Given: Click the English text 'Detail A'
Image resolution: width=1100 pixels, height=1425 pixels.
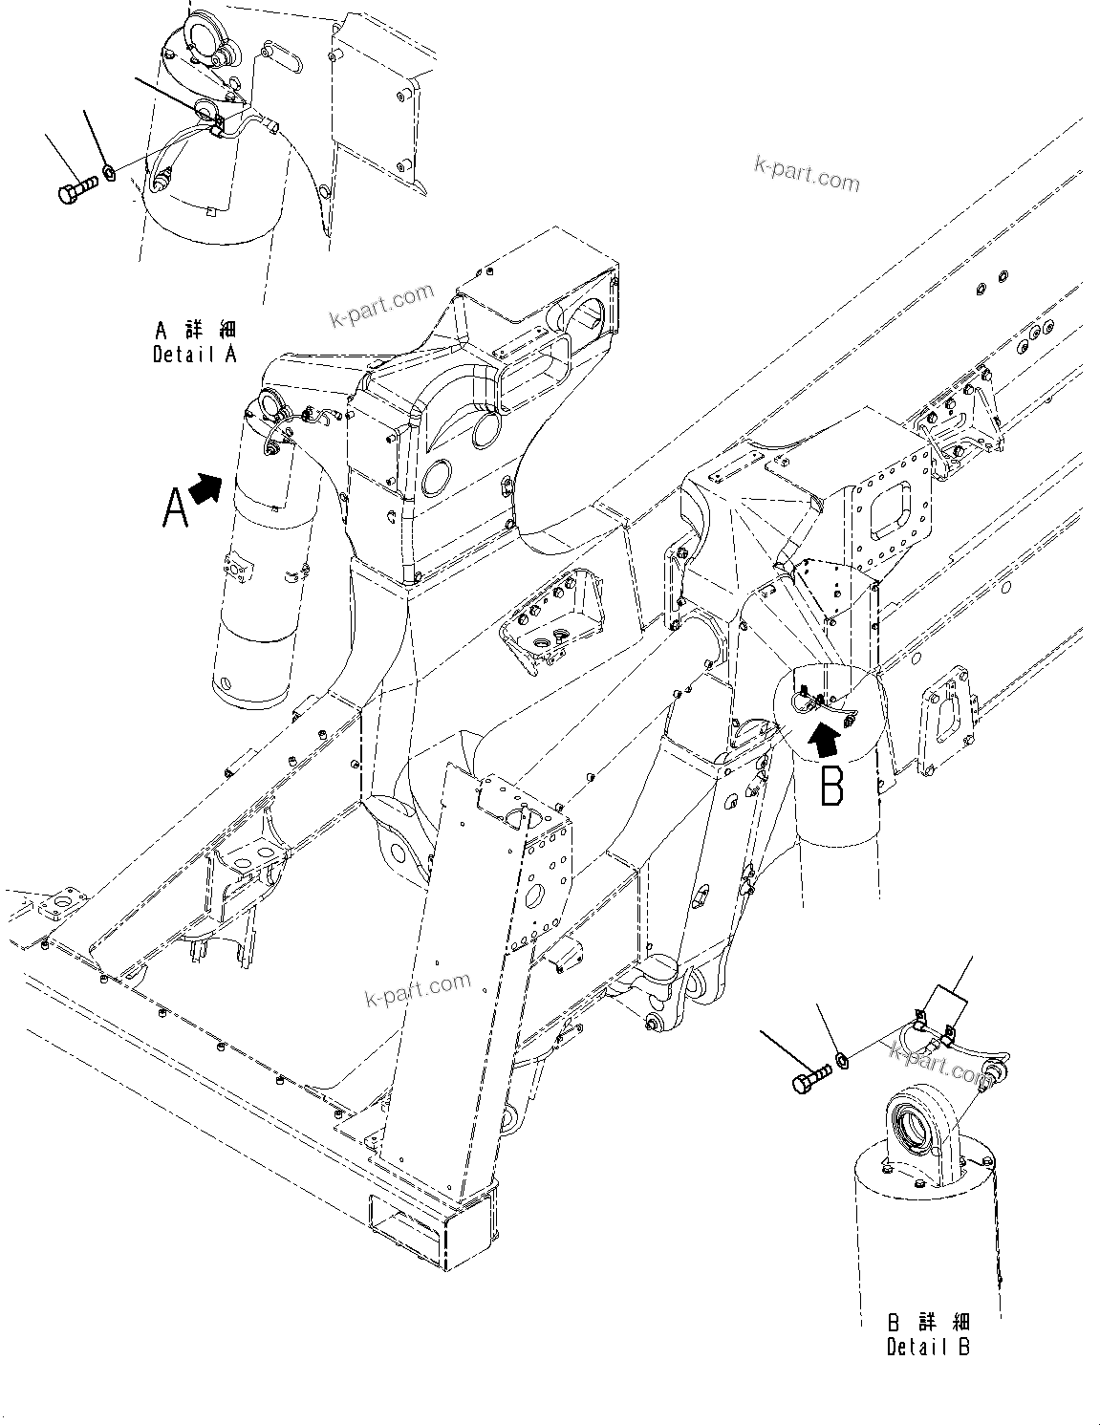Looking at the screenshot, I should [x=194, y=355].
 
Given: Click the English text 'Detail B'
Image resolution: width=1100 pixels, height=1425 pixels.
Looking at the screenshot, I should [x=927, y=1348].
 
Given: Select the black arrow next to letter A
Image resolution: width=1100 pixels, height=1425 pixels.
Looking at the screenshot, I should [x=205, y=488].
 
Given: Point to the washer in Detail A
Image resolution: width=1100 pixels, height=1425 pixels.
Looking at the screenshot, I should [x=110, y=173].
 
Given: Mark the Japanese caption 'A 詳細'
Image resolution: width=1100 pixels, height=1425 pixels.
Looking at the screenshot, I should [x=195, y=331].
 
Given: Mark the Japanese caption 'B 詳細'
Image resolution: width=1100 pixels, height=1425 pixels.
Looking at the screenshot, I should [x=928, y=1324].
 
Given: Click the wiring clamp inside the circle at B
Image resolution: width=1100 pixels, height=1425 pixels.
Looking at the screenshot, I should [x=808, y=702].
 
